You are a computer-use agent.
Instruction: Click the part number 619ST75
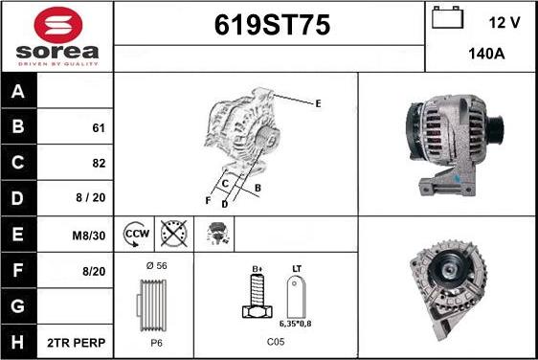pyautogui.click(x=272, y=25)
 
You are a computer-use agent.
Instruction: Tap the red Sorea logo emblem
pyautogui.click(x=58, y=24)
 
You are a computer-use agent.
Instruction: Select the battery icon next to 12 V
pyautogui.click(x=447, y=17)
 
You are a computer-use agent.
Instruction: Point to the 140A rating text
pyautogui.click(x=486, y=54)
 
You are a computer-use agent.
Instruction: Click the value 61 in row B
pyautogui.click(x=99, y=128)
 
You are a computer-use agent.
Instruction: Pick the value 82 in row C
pyautogui.click(x=99, y=163)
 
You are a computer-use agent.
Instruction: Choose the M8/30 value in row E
pyautogui.click(x=88, y=236)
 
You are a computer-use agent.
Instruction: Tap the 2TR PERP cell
pyautogui.click(x=76, y=343)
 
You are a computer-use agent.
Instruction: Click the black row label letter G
pyautogui.click(x=18, y=305)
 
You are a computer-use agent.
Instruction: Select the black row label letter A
pyautogui.click(x=18, y=91)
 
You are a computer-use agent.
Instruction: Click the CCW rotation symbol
pyautogui.click(x=136, y=234)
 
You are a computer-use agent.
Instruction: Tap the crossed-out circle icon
pyautogui.click(x=174, y=234)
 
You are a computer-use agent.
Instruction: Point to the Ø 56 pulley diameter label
pyautogui.click(x=156, y=265)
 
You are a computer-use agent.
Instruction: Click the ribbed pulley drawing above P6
pyautogui.click(x=152, y=305)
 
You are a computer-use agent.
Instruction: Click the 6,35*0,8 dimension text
pyautogui.click(x=296, y=324)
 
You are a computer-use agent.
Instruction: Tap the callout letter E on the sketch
pyautogui.click(x=318, y=103)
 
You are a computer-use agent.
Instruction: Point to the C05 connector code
pyautogui.click(x=276, y=342)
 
